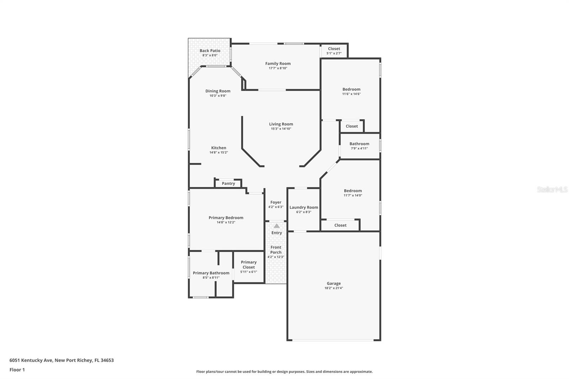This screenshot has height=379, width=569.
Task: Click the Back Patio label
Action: [210, 51]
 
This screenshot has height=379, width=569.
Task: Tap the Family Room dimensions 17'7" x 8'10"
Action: [278, 68]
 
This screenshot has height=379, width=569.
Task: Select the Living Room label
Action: [281, 124]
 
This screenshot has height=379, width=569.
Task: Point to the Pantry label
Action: [228, 183]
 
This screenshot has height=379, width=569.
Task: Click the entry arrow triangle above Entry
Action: [277, 226]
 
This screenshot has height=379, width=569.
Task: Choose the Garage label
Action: [334, 283]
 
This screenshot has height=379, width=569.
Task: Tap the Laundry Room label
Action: [304, 207]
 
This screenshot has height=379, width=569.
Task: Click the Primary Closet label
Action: [249, 265]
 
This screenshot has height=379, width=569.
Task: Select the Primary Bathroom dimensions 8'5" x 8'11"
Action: [211, 278]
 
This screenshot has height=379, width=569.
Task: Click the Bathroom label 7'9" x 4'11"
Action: [359, 144]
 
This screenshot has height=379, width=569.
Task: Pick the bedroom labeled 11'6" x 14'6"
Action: [351, 89]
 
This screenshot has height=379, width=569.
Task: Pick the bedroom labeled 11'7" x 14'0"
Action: [353, 191]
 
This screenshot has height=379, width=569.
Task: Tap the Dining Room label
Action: [218, 91]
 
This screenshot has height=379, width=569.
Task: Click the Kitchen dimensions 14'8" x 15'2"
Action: [218, 153]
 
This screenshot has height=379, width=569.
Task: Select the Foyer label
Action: [276, 202]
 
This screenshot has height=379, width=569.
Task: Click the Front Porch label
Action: [276, 250]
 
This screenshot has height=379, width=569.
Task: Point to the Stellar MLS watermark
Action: [552, 189]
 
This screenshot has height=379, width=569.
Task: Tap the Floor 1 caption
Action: [17, 370]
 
